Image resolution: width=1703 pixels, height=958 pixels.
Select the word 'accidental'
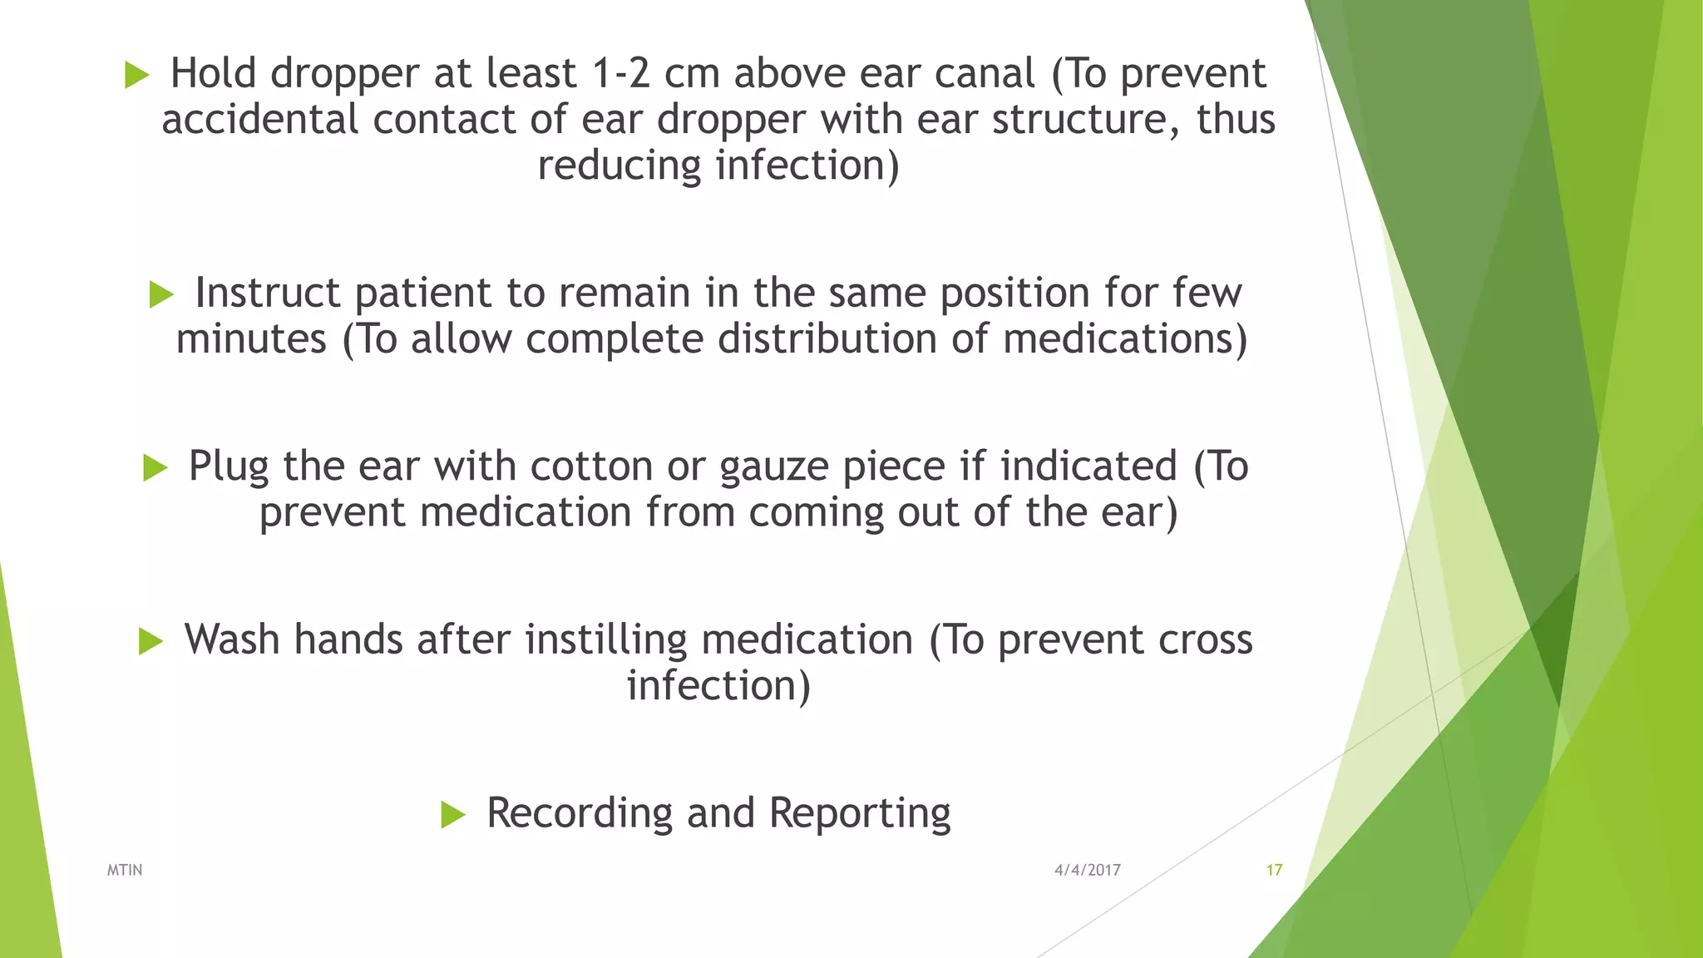point(259,119)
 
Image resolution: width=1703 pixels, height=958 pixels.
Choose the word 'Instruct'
point(268,293)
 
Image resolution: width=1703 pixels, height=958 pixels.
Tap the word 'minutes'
point(251,339)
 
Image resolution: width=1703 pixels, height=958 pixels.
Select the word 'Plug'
point(229,467)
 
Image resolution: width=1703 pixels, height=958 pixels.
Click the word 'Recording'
point(579,813)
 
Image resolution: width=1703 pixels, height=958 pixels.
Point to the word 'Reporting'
point(860,813)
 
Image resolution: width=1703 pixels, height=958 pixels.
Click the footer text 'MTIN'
point(125,870)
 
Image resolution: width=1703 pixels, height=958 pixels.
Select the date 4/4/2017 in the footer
point(1087,870)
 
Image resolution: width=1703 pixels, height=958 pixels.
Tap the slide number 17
point(1274,870)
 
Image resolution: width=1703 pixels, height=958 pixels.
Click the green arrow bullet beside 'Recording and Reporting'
point(452,814)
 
